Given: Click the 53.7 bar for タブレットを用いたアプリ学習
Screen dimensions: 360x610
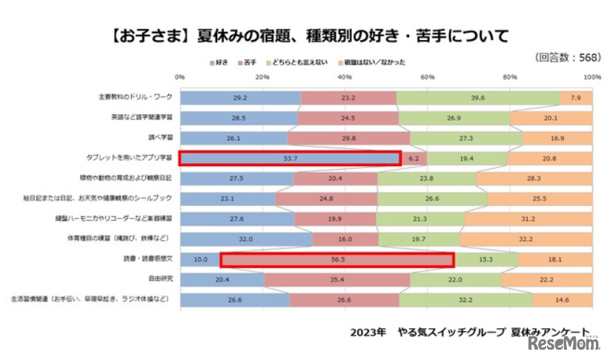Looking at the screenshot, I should [x=290, y=158].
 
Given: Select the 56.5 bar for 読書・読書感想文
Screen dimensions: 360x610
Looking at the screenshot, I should [x=337, y=259].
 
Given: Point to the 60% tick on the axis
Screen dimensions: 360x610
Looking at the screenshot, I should [x=427, y=77].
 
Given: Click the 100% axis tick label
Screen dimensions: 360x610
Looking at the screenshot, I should [x=591, y=77].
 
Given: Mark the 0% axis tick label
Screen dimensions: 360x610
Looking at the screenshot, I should [x=179, y=77].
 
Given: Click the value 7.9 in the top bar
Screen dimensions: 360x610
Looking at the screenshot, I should [x=576, y=97].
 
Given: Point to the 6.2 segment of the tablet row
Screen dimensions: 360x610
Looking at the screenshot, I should [x=414, y=158].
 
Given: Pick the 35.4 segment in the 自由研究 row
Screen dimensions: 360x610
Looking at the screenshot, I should [x=337, y=279].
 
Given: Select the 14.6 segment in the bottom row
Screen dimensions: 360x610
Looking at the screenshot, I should [x=562, y=299].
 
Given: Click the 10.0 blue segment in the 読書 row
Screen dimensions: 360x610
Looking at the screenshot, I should [x=200, y=259].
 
